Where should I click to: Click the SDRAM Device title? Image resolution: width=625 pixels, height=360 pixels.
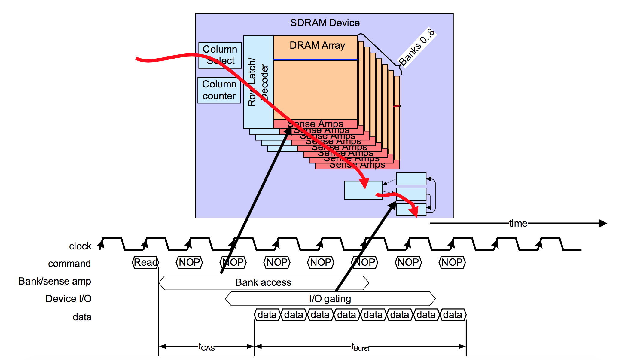(325, 23)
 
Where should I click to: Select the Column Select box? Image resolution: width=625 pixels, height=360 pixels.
(220, 55)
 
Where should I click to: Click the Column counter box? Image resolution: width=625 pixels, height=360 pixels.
(219, 90)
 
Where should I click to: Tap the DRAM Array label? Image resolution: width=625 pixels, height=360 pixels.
(317, 45)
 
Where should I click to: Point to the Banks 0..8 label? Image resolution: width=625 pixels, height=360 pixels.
(417, 47)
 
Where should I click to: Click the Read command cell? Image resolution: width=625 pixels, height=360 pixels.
(145, 262)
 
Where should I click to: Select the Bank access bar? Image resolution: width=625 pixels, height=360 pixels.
(263, 282)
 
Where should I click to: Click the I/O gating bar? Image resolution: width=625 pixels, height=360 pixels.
(330, 299)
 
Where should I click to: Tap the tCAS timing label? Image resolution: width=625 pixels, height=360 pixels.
(206, 347)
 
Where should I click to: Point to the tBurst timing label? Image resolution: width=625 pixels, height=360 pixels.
(360, 347)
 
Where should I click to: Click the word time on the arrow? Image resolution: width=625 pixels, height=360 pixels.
(518, 223)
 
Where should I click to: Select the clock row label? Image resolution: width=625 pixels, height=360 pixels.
(80, 246)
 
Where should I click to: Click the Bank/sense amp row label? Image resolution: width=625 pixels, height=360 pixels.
(55, 281)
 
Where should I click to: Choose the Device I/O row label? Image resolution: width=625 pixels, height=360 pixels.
(68, 299)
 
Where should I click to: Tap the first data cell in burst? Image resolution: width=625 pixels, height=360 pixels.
(267, 315)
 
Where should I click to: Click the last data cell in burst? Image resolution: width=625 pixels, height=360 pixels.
(453, 315)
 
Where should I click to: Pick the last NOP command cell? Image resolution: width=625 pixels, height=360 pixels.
(452, 262)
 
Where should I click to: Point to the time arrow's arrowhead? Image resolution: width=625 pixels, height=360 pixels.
(602, 223)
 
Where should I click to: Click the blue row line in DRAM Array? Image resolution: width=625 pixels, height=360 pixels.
(316, 60)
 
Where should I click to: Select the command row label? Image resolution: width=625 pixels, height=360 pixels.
(69, 264)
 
